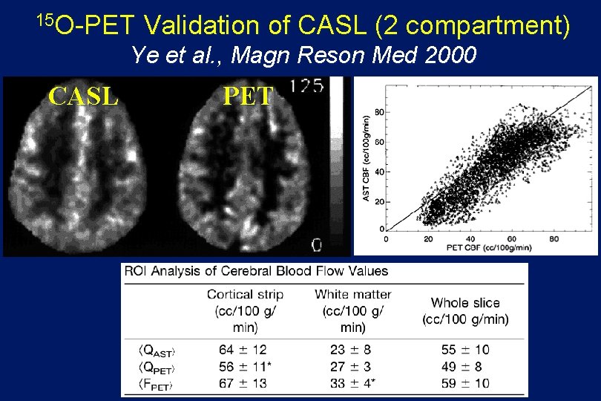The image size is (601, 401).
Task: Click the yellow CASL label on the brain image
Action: point(83,96)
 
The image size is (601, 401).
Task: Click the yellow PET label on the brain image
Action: point(249,96)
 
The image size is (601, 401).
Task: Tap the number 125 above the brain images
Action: point(307,86)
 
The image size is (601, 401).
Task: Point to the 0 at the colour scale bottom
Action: point(316,244)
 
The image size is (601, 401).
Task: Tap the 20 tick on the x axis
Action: point(428,239)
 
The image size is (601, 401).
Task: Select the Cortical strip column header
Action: point(245,295)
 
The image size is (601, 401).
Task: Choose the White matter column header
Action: point(352,295)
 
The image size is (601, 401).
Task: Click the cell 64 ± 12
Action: point(243,348)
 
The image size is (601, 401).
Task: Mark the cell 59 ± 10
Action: point(461,383)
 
